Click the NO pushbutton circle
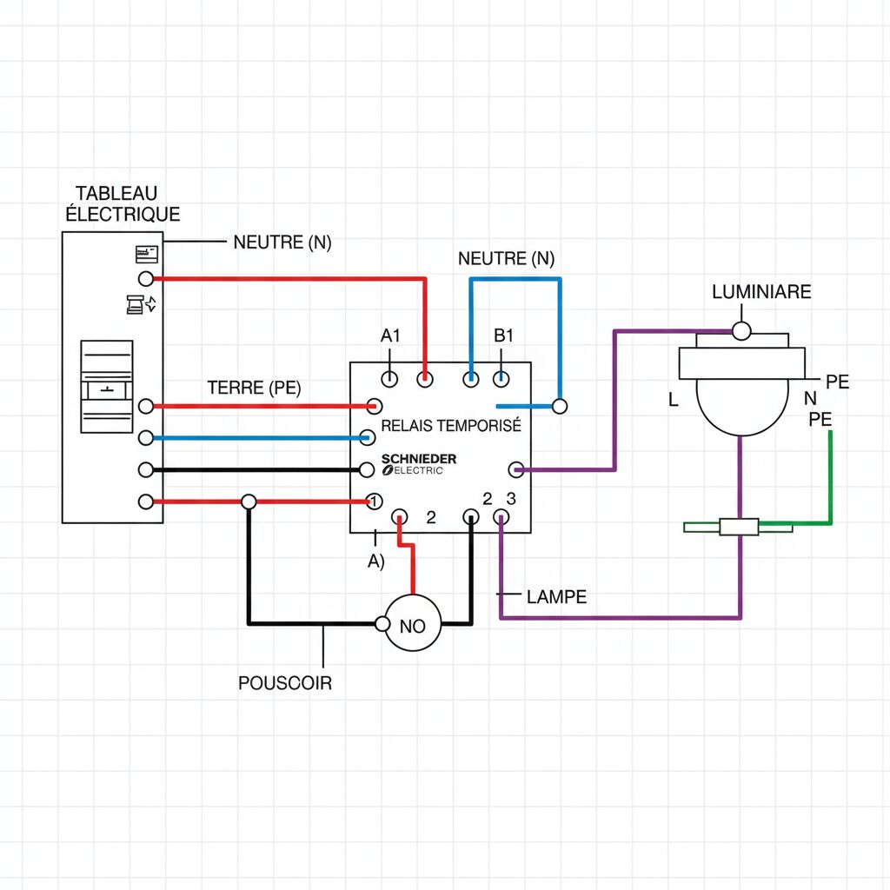click(413, 623)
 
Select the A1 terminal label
click(390, 335)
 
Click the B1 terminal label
click(504, 335)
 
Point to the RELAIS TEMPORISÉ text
click(451, 426)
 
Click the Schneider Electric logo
click(418, 464)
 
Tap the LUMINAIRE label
click(761, 292)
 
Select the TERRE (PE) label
click(255, 388)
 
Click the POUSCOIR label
click(285, 683)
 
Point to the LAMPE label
click(556, 597)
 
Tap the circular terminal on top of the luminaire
click(741, 331)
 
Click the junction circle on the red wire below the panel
click(249, 501)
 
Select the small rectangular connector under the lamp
click(740, 527)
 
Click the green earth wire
click(830, 487)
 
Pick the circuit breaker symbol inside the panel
click(106, 387)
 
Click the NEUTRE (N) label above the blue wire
click(506, 258)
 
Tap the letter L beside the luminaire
click(673, 401)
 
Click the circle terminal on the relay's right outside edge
click(561, 405)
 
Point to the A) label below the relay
click(375, 561)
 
